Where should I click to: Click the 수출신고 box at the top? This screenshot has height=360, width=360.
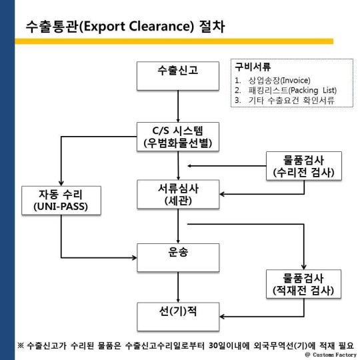(x=178, y=76)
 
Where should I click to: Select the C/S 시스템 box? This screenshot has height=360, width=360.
(x=178, y=137)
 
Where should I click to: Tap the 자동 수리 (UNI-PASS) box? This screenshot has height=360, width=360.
(x=61, y=201)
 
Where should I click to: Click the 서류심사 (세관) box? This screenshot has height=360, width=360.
(x=178, y=194)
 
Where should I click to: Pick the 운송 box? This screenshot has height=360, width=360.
(x=178, y=257)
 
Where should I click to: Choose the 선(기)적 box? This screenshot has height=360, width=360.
(x=178, y=317)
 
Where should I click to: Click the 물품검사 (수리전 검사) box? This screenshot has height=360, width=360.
(x=304, y=166)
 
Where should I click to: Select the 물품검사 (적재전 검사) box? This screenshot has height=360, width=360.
(x=303, y=284)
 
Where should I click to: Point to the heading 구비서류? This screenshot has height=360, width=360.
(x=253, y=67)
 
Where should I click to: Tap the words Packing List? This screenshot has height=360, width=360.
(x=312, y=90)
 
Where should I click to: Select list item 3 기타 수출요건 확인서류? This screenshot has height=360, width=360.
(x=285, y=100)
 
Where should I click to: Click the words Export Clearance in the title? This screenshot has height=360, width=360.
(x=138, y=26)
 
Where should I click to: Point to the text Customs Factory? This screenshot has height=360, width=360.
(x=335, y=355)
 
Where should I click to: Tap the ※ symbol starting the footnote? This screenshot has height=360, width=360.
(x=21, y=345)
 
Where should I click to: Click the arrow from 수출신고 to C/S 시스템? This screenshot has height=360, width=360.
(x=178, y=106)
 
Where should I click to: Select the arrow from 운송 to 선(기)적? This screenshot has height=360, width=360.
(x=178, y=287)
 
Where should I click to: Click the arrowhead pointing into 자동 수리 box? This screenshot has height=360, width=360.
(x=61, y=183)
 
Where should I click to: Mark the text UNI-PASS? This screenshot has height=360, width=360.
(x=61, y=207)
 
